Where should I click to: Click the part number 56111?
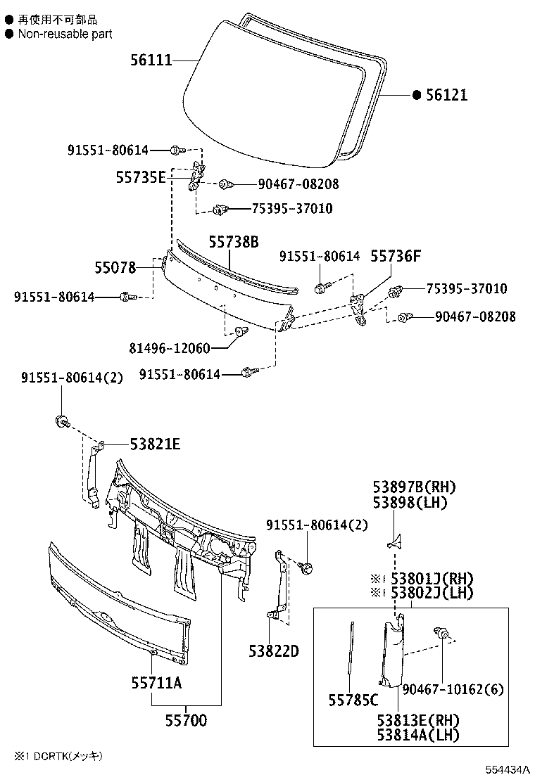tap(151, 60)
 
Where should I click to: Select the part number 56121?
tap(446, 95)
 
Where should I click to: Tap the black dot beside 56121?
tap(416, 95)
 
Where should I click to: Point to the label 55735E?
tap(141, 178)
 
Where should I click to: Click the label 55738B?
tap(233, 243)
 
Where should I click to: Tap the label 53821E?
tap(155, 444)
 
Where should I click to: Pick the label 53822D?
tap(273, 651)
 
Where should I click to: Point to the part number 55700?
tap(186, 721)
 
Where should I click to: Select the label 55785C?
tap(353, 700)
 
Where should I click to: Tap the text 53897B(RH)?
tap(415, 487)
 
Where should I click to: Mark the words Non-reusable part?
tap(65, 34)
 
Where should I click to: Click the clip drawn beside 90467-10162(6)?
tap(443, 634)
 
